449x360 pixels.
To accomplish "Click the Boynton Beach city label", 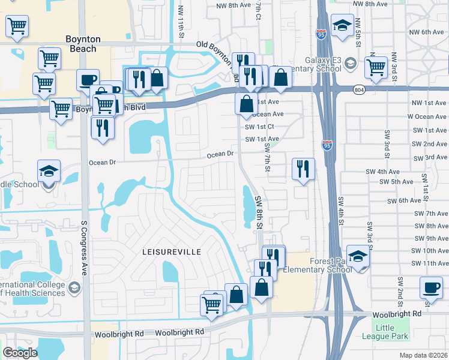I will click(83, 44).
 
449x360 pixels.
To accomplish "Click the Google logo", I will click(20, 353).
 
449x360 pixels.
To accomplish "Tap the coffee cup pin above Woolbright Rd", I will click(431, 287).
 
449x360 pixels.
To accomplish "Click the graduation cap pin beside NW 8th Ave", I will click(342, 25).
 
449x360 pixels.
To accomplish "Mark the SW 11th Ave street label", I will click(427, 263).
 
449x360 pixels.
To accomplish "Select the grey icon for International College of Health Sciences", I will click(74, 287).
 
